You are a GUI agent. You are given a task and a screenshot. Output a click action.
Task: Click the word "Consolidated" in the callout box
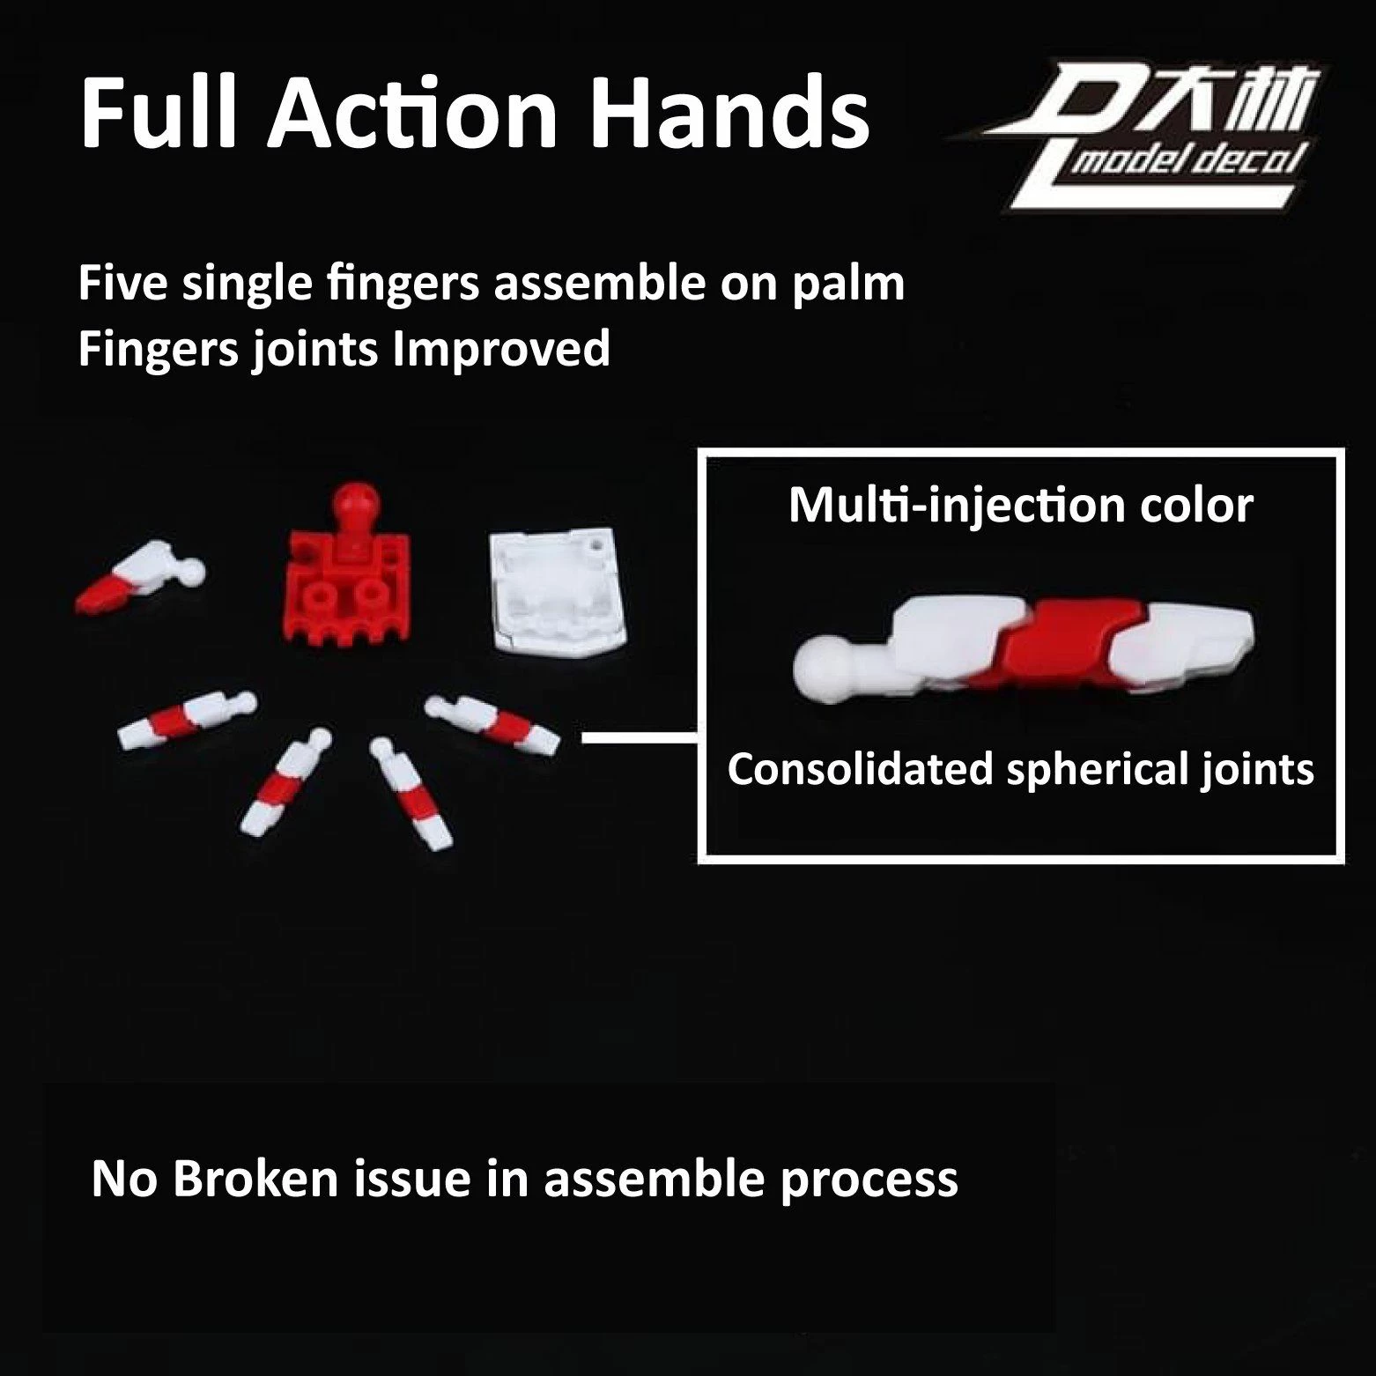tap(860, 770)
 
